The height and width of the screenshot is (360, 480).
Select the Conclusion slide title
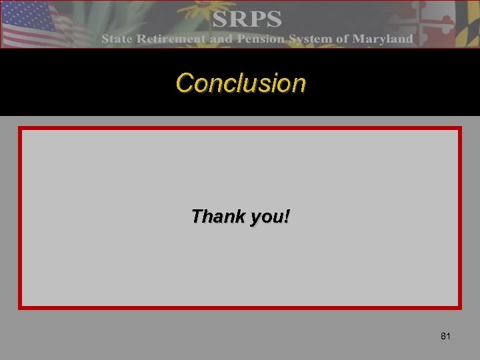tap(241, 83)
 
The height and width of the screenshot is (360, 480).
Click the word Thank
tap(210, 217)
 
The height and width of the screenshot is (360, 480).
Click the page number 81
tap(445, 336)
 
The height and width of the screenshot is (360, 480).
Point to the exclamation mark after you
tap(286, 217)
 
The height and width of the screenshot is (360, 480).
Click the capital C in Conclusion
tap(183, 83)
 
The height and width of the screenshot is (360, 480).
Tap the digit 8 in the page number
tap(443, 336)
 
